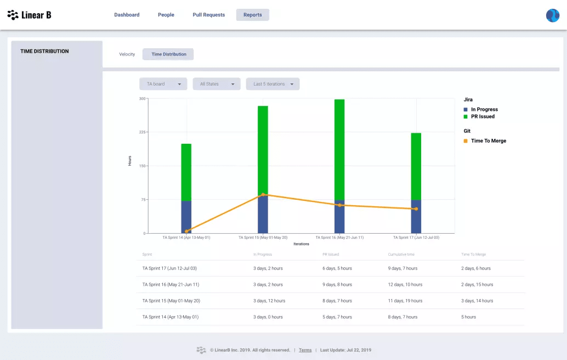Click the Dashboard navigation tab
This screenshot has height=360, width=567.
click(x=127, y=15)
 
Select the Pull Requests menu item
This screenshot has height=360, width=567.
click(x=208, y=15)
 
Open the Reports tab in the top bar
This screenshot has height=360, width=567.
click(x=252, y=15)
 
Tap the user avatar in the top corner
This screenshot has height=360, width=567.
click(x=552, y=15)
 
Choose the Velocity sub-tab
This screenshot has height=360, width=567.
click(x=127, y=54)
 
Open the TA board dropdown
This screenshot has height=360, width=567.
click(x=163, y=84)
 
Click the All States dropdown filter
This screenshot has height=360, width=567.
click(x=216, y=84)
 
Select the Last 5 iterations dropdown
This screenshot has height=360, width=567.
click(x=273, y=84)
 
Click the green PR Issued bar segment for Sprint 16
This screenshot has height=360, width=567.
click(x=339, y=148)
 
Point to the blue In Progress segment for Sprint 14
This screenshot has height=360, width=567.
click(x=186, y=217)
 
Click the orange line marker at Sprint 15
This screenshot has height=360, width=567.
click(x=263, y=195)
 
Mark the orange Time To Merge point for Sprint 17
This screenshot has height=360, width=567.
click(x=416, y=209)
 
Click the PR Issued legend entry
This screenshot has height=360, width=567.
click(x=482, y=116)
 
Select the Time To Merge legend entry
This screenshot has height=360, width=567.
click(x=488, y=141)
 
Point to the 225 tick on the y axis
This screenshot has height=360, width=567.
click(x=142, y=132)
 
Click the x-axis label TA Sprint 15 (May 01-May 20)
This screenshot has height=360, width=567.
click(x=263, y=238)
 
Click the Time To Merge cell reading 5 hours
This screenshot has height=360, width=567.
click(x=468, y=317)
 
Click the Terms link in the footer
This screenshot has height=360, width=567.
click(x=305, y=350)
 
